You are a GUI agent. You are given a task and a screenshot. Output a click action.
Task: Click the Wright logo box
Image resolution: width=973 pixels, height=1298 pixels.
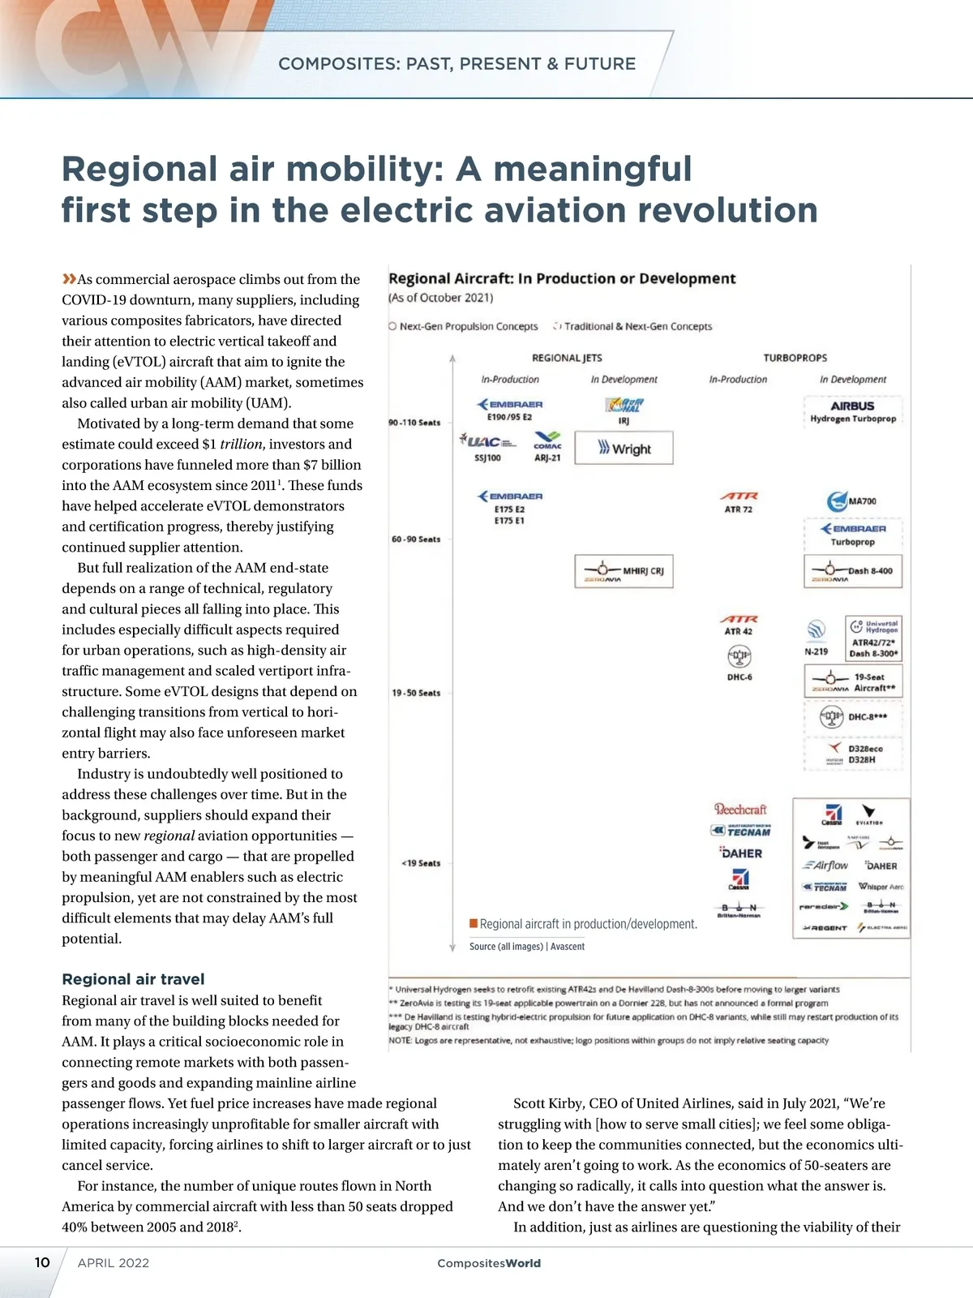[624, 448]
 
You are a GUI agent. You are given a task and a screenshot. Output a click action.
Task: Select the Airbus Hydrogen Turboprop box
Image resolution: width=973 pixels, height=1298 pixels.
[852, 411]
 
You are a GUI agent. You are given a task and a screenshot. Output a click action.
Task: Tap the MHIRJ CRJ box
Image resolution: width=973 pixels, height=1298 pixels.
[624, 571]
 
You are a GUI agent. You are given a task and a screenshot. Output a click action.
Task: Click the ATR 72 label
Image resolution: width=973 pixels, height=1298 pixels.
[738, 509]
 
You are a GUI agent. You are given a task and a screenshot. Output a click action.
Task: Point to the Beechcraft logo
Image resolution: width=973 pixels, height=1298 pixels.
[739, 809]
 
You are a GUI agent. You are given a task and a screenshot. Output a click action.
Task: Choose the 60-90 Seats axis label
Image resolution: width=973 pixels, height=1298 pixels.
[416, 539]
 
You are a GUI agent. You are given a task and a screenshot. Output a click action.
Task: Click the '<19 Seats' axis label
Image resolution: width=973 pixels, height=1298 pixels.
[421, 863]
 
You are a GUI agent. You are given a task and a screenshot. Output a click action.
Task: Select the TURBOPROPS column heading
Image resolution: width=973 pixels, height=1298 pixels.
[795, 358]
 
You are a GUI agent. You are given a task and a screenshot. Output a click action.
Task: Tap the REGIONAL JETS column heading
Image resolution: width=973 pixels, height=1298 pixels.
[567, 358]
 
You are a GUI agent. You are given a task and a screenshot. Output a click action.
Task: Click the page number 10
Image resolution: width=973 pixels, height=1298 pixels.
[42, 1262]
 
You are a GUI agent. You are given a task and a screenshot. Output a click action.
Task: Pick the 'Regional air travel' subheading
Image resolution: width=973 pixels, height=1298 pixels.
[133, 979]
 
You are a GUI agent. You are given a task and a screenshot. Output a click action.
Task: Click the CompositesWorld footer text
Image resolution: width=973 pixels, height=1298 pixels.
[488, 1263]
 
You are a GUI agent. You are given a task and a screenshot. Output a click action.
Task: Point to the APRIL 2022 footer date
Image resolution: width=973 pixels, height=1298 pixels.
[114, 1263]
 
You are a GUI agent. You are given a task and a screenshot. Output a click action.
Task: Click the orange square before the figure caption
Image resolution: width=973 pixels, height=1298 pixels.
[474, 923]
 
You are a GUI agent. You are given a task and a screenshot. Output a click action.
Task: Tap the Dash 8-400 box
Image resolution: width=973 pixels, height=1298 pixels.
[853, 571]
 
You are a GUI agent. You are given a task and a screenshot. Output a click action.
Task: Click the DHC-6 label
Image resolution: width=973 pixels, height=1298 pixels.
[739, 677]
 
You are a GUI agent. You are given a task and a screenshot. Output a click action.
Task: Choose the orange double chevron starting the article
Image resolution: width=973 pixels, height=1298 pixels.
[69, 279]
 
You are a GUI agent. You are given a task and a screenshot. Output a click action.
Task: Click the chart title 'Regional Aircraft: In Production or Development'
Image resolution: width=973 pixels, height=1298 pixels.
[562, 278]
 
